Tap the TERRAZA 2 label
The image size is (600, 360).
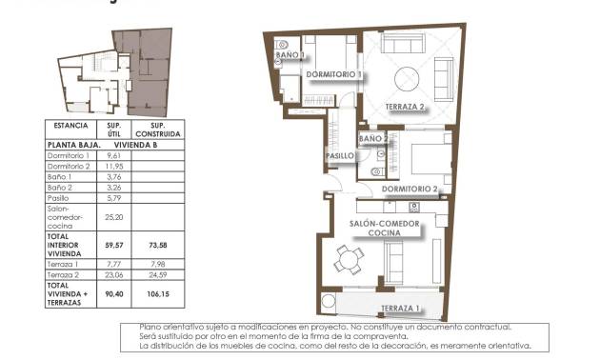tap(405, 107)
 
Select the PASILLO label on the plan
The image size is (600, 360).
tap(339, 155)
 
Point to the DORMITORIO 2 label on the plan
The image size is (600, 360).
tap(410, 189)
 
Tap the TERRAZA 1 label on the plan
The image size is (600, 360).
tap(400, 309)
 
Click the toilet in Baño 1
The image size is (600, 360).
tap(284, 45)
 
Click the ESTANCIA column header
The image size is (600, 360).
tap(71, 126)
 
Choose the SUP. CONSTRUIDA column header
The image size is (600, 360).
tap(158, 130)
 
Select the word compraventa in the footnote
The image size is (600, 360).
tap(380, 337)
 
